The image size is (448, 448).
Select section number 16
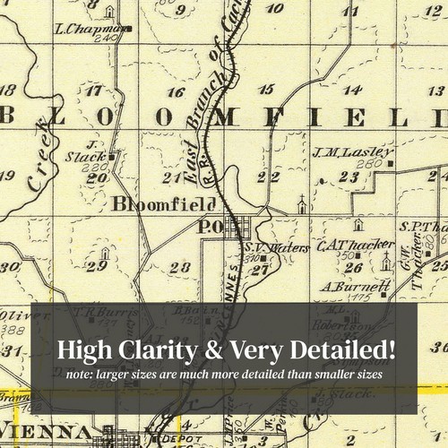[x=177, y=92]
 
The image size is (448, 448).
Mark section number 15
[x=265, y=89]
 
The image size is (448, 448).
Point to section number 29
[x=103, y=265]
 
